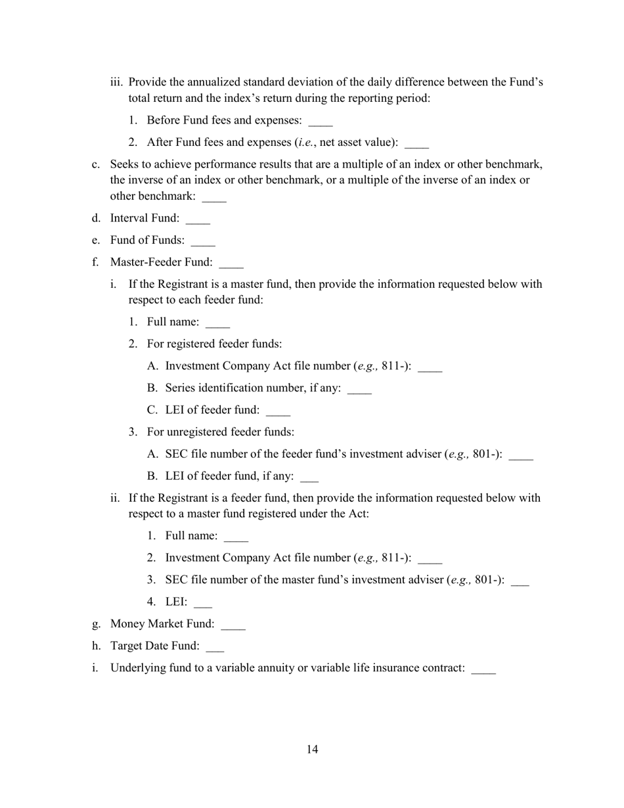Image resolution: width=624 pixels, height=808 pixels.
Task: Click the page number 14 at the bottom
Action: coord(312,750)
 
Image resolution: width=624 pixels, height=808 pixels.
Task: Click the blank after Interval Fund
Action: coord(198,219)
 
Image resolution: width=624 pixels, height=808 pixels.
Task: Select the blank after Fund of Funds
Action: coord(203,242)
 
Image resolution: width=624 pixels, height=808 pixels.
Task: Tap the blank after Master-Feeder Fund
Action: coord(231,264)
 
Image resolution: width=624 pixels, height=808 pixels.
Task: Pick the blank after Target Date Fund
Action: coord(215,648)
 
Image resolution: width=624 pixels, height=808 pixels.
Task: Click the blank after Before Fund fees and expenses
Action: coord(321,122)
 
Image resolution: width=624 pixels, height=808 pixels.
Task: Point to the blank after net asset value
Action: coord(417,145)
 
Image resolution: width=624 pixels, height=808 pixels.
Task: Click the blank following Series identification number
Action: coord(359,390)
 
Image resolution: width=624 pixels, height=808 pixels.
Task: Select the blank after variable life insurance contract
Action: coord(484,670)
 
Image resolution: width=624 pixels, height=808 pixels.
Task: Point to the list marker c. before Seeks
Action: coord(96,164)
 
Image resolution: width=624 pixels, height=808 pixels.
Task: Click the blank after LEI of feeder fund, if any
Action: coord(309,478)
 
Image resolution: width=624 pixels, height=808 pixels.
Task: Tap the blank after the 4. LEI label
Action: coord(203,604)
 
